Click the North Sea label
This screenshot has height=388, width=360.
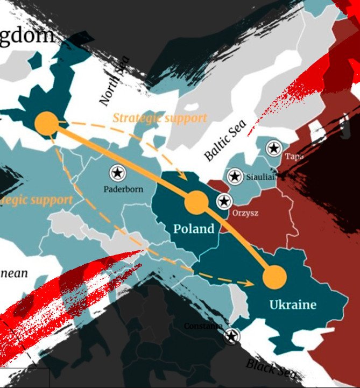click(115, 81)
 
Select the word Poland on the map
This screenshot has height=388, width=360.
click(194, 229)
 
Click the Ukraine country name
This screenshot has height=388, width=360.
click(293, 305)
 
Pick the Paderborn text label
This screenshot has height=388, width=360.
click(123, 189)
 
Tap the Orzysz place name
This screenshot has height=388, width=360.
click(245, 213)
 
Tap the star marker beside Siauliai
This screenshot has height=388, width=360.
click(234, 176)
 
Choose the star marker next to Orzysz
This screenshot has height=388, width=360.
click(223, 202)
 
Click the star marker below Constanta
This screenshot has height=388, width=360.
click(232, 337)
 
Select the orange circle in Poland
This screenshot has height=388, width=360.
click(196, 202)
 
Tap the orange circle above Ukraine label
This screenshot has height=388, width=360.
click(275, 277)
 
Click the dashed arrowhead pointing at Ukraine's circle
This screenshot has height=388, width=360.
click(250, 283)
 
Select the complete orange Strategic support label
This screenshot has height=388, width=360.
click(159, 118)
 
